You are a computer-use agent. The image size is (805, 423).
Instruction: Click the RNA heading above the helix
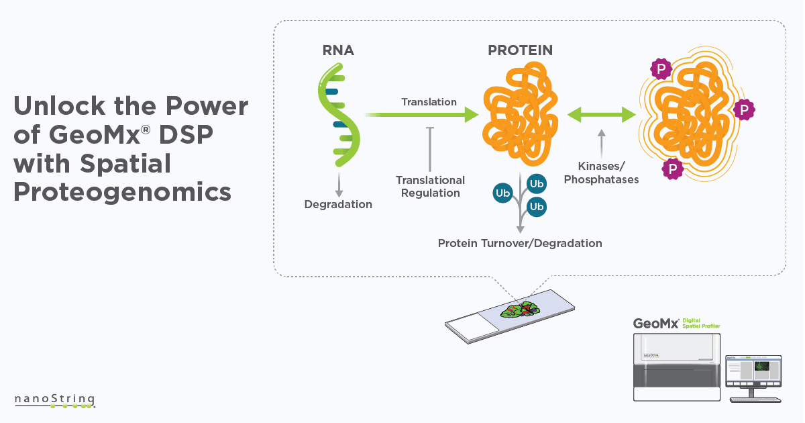click(337, 51)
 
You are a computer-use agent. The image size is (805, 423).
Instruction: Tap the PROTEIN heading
click(520, 51)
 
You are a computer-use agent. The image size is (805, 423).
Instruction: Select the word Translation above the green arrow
click(429, 102)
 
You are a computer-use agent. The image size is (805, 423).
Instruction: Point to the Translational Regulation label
click(430, 187)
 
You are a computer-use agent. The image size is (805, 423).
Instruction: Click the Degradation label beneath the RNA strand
click(338, 204)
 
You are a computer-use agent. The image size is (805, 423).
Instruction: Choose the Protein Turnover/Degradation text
click(520, 243)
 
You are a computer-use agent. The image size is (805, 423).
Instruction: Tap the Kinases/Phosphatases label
click(602, 173)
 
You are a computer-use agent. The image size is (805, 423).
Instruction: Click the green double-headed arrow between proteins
click(602, 115)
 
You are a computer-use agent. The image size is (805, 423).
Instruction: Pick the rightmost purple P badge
click(743, 109)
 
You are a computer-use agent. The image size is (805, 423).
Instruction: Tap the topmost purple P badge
click(661, 68)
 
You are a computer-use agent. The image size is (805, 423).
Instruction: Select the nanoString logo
click(55, 400)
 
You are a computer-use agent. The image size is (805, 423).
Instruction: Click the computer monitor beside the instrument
click(755, 371)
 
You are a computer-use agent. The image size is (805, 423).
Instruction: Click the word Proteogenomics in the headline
click(123, 193)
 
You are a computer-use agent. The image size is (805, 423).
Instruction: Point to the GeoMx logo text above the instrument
click(656, 324)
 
